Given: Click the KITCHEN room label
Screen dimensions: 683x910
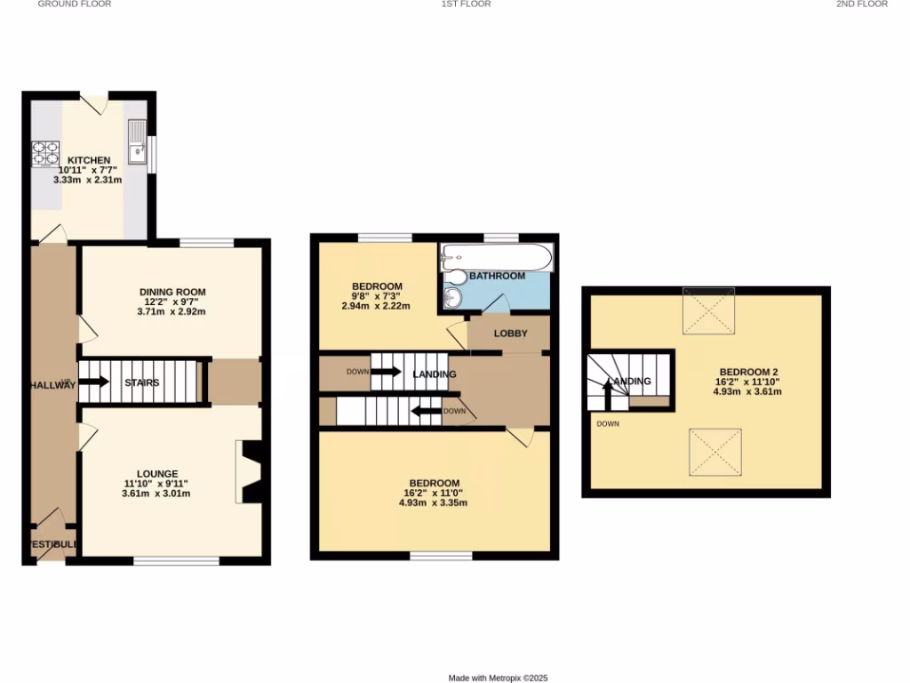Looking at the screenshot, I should tap(90, 160).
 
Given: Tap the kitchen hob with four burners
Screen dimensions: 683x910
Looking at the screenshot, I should tap(44, 155).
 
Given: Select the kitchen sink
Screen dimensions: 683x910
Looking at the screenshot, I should tap(137, 143).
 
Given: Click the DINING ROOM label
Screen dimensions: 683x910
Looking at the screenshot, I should tap(172, 292).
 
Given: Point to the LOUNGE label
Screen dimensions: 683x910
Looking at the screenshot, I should tap(157, 474).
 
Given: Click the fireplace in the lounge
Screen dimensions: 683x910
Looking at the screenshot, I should tap(250, 472).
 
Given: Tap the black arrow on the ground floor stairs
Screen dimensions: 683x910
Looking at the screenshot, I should tap(95, 382).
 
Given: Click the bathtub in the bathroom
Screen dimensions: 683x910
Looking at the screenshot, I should tap(497, 258).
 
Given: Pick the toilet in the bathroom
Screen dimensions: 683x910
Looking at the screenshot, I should tap(454, 297).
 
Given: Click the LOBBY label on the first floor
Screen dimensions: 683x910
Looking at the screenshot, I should tap(509, 333).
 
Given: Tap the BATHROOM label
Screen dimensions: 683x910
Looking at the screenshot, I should tap(497, 277).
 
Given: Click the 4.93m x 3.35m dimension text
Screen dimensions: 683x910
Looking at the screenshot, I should tap(435, 503).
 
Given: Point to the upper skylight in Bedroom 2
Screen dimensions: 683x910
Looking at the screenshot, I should tap(708, 310).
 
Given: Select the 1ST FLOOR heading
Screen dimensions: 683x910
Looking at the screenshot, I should tap(467, 4).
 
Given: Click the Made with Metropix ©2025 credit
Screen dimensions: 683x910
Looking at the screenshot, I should tap(498, 678).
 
